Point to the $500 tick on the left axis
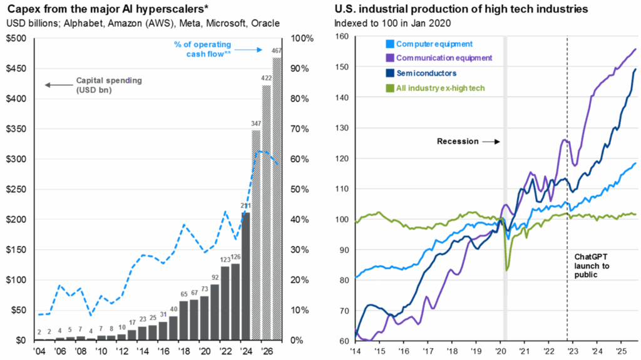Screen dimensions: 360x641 17,39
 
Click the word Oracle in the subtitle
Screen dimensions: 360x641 264,24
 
